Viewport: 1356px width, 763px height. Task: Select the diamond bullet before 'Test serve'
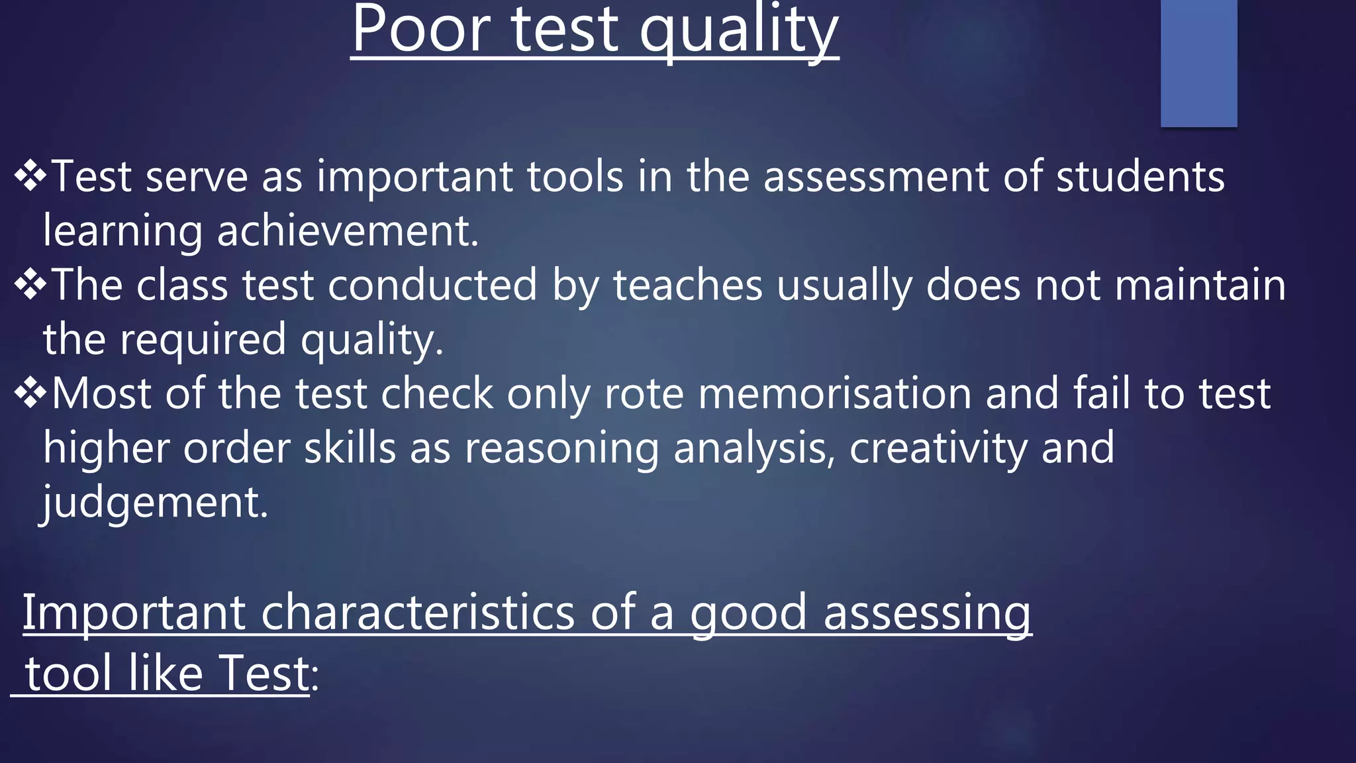point(30,176)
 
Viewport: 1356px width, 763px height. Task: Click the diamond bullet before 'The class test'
point(30,285)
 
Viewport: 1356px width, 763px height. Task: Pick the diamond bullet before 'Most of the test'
point(30,393)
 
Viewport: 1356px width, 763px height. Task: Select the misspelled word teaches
point(688,285)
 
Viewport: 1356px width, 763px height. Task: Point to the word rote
point(644,393)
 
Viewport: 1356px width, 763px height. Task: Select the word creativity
point(938,448)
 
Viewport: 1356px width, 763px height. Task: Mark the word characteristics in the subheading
point(417,612)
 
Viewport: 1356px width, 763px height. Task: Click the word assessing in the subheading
point(927,613)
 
